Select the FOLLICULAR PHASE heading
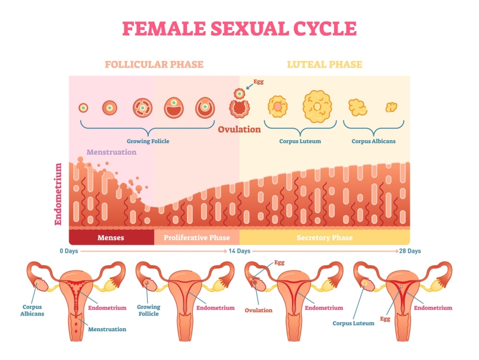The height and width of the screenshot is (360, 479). point(154,64)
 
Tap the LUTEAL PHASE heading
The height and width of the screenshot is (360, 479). point(325,64)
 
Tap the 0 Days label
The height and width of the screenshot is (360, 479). point(69,251)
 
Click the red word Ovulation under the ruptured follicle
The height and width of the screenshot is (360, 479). point(239,129)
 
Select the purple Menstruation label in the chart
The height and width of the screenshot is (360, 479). point(111,152)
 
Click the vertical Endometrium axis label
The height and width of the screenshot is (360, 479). point(58,193)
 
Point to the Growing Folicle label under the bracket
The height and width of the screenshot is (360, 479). point(148,141)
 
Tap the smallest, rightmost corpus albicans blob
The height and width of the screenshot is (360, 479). point(392,107)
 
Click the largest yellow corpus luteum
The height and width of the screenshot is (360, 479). point(317,105)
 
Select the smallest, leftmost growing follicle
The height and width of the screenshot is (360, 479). point(84,107)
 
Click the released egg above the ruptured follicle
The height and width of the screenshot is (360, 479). point(238,92)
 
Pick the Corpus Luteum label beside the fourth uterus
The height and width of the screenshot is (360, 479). point(353,323)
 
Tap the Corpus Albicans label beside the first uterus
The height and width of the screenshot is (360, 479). point(33,310)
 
